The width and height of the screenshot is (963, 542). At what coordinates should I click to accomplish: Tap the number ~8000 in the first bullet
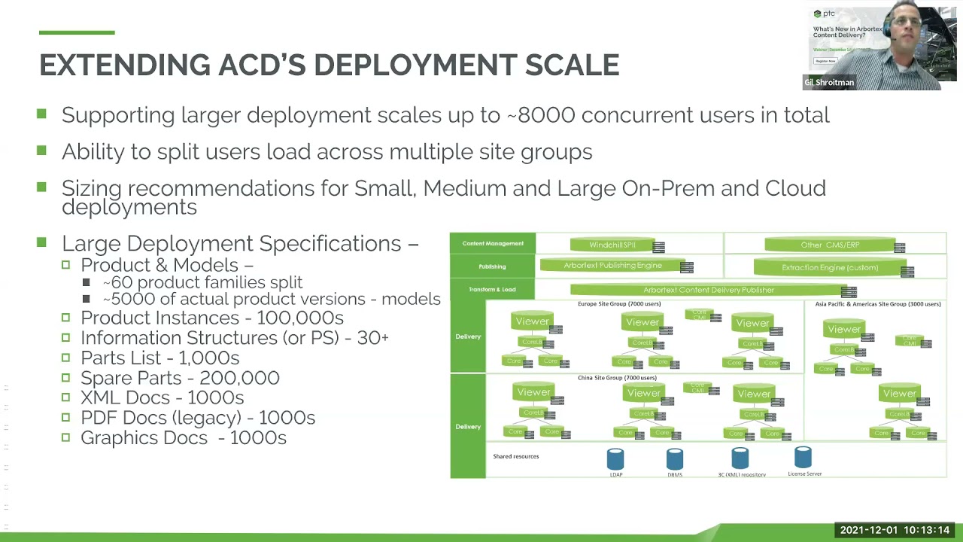[x=540, y=115]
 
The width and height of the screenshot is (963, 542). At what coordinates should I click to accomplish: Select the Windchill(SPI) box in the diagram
[x=612, y=245]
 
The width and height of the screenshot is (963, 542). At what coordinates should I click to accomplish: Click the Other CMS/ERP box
[x=830, y=245]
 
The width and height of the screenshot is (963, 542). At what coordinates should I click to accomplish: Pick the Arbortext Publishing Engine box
[x=612, y=266]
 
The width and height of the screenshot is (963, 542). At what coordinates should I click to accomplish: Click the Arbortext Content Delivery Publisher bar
[x=708, y=290]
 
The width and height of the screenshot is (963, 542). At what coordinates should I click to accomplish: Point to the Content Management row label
[x=493, y=243]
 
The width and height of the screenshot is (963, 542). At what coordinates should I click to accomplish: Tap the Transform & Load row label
[x=492, y=289]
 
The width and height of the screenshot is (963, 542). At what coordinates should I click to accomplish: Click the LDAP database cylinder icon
[x=615, y=459]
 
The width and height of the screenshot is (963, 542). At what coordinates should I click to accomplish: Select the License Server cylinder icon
[x=803, y=458]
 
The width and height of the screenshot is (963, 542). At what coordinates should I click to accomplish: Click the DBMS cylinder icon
[x=674, y=459]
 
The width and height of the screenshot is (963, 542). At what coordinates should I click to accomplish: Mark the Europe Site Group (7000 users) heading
[x=618, y=304]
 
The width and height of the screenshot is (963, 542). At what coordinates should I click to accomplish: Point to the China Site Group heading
[x=617, y=378]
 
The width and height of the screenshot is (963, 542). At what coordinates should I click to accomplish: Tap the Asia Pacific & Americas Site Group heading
[x=877, y=304]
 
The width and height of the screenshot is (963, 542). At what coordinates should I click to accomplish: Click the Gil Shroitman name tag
[x=829, y=83]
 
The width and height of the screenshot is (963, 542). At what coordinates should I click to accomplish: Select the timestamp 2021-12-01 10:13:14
[x=895, y=531]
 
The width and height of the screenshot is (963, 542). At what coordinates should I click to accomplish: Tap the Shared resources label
[x=515, y=456]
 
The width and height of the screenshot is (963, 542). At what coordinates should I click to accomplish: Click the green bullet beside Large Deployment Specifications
[x=41, y=242]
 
